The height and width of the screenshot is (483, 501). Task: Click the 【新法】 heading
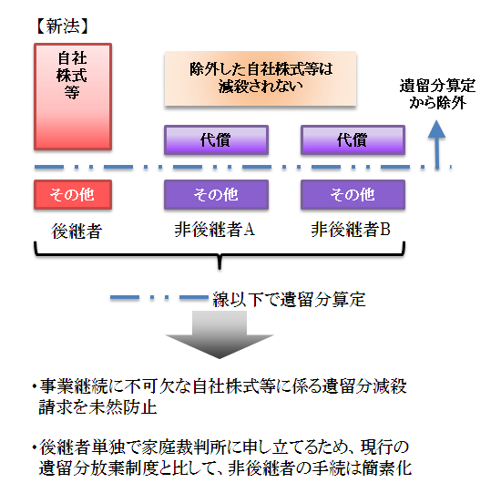point(62,26)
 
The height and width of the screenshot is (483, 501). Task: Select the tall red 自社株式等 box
point(73,97)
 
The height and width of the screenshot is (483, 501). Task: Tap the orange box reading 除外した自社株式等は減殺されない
point(261,78)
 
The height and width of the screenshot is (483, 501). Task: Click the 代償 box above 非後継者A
point(216,140)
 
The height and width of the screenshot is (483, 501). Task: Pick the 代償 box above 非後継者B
point(353,140)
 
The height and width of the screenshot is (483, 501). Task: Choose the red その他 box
point(73,195)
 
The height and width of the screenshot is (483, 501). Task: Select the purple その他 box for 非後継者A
point(216,195)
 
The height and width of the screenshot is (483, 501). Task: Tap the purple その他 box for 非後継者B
point(353,195)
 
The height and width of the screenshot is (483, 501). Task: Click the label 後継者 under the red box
point(77,231)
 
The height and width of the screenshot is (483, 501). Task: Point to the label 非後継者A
point(214,230)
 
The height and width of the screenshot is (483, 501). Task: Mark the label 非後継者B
point(351,230)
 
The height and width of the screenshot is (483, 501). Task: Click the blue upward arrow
point(436,144)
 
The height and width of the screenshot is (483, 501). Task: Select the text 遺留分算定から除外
point(437,94)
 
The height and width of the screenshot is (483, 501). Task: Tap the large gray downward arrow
point(220,334)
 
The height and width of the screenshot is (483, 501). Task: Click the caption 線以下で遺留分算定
point(289,299)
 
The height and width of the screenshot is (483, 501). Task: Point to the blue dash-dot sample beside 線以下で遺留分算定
point(159,297)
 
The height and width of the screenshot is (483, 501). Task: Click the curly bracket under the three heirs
point(220,255)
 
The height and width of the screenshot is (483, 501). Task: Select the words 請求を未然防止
point(97,407)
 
